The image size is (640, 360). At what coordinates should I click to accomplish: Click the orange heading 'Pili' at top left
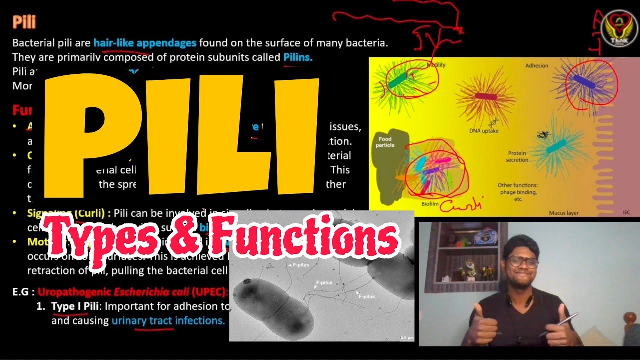24,22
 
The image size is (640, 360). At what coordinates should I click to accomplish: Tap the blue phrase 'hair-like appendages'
145,43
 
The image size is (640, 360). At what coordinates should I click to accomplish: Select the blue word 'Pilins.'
298,57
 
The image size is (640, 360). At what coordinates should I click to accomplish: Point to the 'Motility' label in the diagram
436,65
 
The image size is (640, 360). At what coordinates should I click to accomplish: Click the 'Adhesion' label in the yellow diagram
536,66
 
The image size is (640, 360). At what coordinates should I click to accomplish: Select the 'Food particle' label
385,142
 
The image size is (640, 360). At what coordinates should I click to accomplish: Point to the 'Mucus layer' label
564,213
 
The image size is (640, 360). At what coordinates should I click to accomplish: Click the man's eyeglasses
521,262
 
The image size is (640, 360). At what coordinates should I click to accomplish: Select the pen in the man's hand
562,324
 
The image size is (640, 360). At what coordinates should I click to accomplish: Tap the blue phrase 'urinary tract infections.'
168,321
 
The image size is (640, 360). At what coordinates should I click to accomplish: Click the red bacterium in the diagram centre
486,96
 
